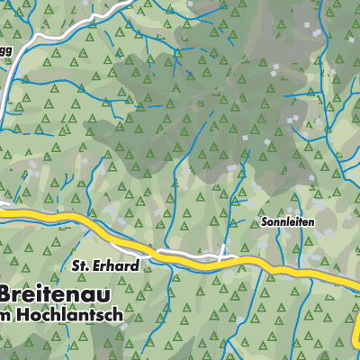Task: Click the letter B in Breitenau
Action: [8, 294]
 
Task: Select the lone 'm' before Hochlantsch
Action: [6, 318]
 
